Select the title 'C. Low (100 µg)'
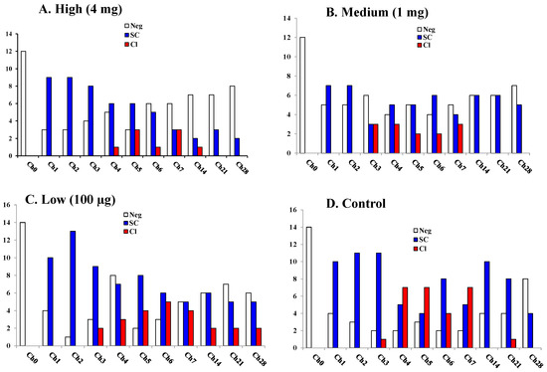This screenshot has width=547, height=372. (61, 198)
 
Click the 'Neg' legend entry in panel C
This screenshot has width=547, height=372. (142, 215)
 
